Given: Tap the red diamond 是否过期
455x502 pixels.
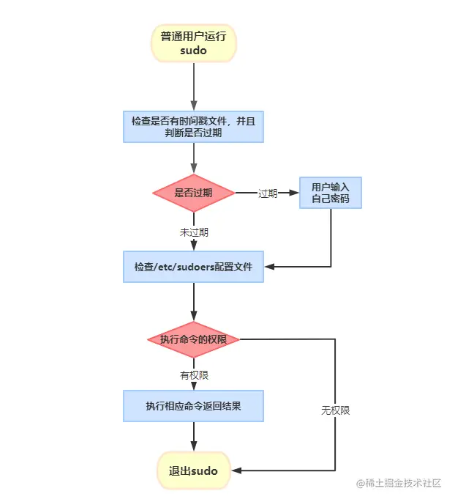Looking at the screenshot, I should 193,193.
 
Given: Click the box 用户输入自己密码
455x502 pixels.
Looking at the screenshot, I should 331,193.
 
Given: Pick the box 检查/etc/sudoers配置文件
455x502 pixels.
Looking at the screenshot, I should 193,267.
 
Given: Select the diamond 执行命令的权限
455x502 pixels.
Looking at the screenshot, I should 193,339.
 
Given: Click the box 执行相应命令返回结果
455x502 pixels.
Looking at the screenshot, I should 193,406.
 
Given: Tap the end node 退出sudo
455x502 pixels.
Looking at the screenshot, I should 193,470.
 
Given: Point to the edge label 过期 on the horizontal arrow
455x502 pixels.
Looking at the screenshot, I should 268,193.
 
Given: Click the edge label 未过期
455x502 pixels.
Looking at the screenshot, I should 194,232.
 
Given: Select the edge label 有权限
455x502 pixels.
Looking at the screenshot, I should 194,375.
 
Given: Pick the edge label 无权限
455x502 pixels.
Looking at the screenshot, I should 335,410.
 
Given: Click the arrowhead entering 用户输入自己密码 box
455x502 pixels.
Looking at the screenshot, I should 295,193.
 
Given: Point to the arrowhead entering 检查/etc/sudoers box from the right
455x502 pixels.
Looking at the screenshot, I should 268,267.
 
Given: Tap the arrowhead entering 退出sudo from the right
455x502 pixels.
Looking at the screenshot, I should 236,470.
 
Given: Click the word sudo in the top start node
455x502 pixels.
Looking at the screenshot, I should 193,51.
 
